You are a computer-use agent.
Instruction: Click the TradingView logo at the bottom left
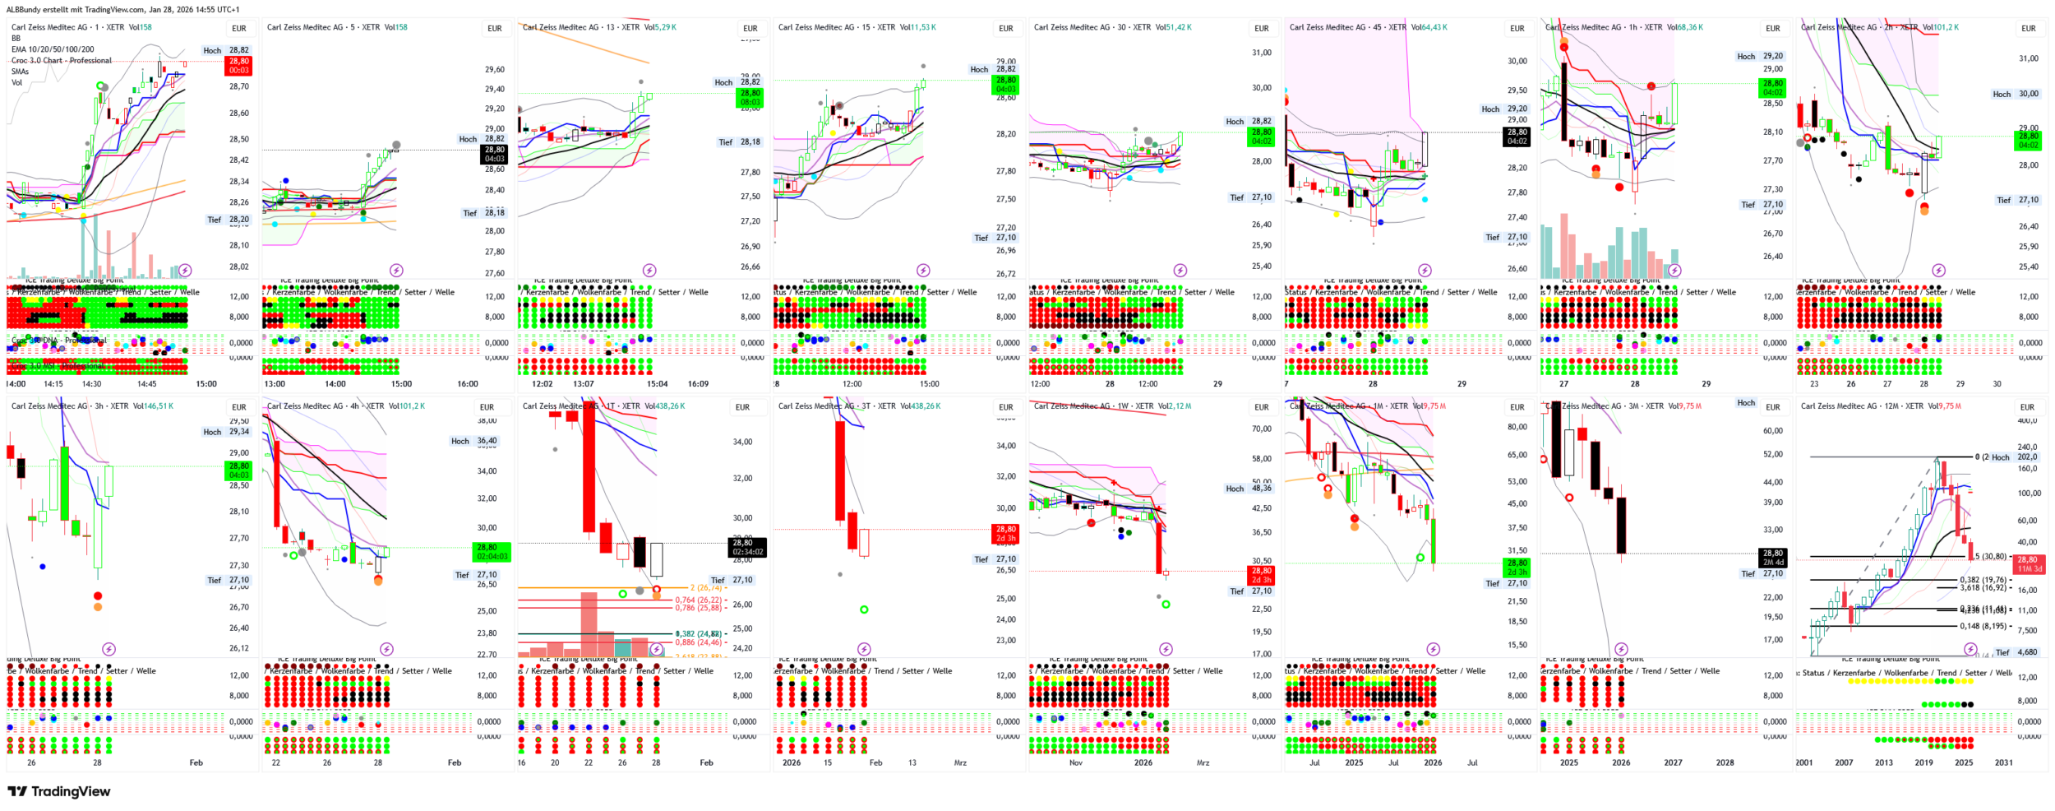(x=58, y=791)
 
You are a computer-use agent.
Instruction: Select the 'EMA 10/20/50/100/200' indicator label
(x=53, y=49)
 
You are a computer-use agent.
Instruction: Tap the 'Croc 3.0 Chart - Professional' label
(x=61, y=61)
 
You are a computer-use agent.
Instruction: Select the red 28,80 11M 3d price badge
(x=2029, y=563)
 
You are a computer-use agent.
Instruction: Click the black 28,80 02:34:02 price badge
(x=747, y=547)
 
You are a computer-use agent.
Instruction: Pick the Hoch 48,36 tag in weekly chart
(x=1249, y=489)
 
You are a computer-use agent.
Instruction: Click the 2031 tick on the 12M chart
(x=2003, y=762)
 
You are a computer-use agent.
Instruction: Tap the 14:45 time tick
(x=146, y=384)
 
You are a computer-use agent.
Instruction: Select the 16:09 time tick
(x=698, y=384)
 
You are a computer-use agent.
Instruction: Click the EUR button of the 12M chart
(x=2028, y=407)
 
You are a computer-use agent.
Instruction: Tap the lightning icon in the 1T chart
(x=656, y=649)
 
